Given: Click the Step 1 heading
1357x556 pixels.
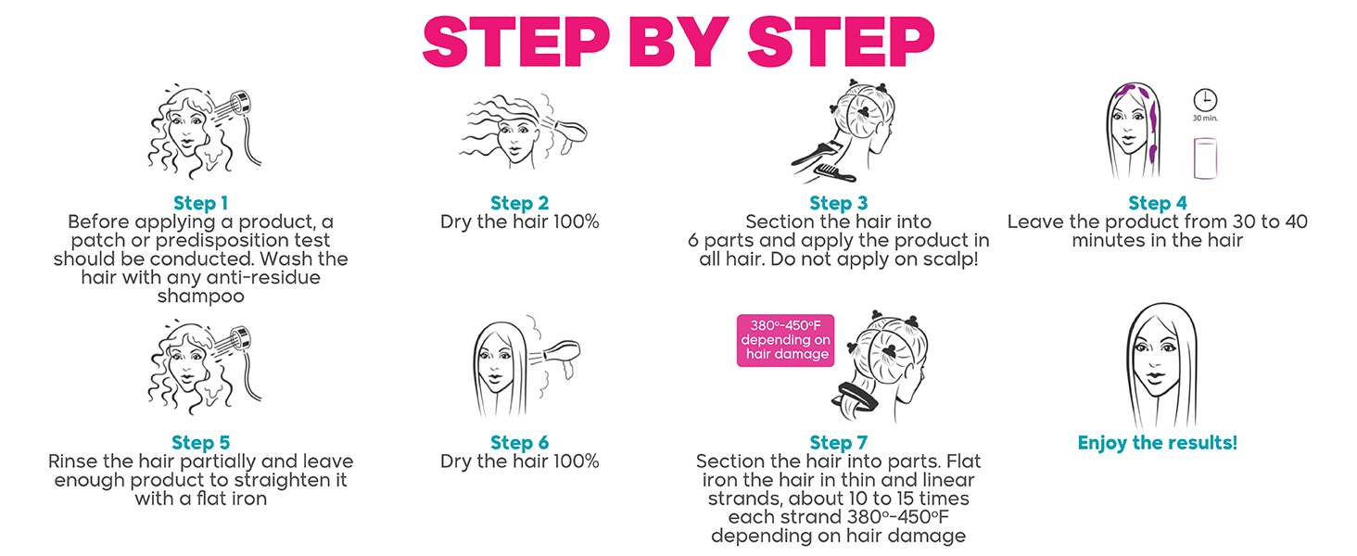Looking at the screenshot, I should (x=200, y=203).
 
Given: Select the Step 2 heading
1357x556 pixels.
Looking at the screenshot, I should (x=519, y=203).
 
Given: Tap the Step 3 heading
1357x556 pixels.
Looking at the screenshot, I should (x=838, y=203).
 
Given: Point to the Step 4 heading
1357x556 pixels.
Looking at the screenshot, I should (x=1157, y=203).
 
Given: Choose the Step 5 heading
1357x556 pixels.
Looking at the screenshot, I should (x=200, y=442).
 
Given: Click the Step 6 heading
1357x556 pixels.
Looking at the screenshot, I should (x=519, y=442).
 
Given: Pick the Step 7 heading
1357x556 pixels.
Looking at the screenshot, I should (x=838, y=442).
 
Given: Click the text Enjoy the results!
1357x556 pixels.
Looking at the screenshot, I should (x=1157, y=442).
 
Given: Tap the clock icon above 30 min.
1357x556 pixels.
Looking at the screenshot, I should (x=1205, y=100).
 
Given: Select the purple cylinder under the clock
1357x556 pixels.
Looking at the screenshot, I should (x=1204, y=158).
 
